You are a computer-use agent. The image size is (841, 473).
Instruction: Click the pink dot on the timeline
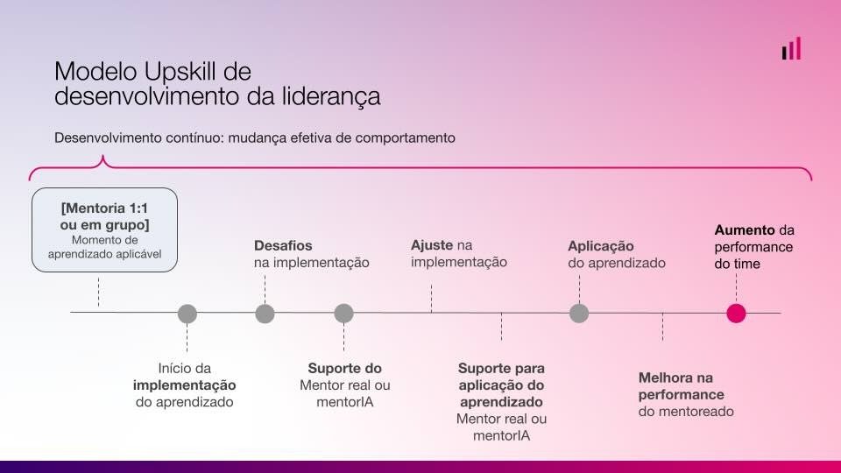[736, 314]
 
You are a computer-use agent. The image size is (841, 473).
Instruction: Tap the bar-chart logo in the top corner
[792, 48]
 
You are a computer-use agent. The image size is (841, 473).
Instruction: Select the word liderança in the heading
[331, 96]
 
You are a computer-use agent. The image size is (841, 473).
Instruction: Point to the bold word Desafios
[283, 245]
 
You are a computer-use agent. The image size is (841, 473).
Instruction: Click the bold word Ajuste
[432, 245]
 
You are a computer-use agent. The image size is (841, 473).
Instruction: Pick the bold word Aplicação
[601, 246]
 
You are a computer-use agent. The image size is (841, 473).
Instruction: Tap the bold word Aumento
[745, 230]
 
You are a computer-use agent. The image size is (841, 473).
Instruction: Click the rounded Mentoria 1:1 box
[104, 229]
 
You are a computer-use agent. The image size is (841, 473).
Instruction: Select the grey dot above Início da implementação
[187, 314]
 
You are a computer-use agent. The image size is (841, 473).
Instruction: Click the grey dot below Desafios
[265, 314]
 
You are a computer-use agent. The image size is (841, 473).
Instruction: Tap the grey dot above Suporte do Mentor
[343, 314]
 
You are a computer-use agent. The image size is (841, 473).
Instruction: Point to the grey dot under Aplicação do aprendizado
[579, 314]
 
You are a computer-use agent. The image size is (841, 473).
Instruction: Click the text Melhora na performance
[682, 386]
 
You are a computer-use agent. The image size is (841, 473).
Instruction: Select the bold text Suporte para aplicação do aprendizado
[501, 385]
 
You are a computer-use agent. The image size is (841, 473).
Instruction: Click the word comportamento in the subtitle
[405, 138]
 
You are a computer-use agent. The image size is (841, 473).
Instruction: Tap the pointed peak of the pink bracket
[102, 157]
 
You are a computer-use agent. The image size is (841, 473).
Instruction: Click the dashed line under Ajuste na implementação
[431, 298]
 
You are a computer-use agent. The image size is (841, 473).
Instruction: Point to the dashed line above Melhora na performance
[662, 327]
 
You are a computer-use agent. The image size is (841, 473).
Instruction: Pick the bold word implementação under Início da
[185, 385]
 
